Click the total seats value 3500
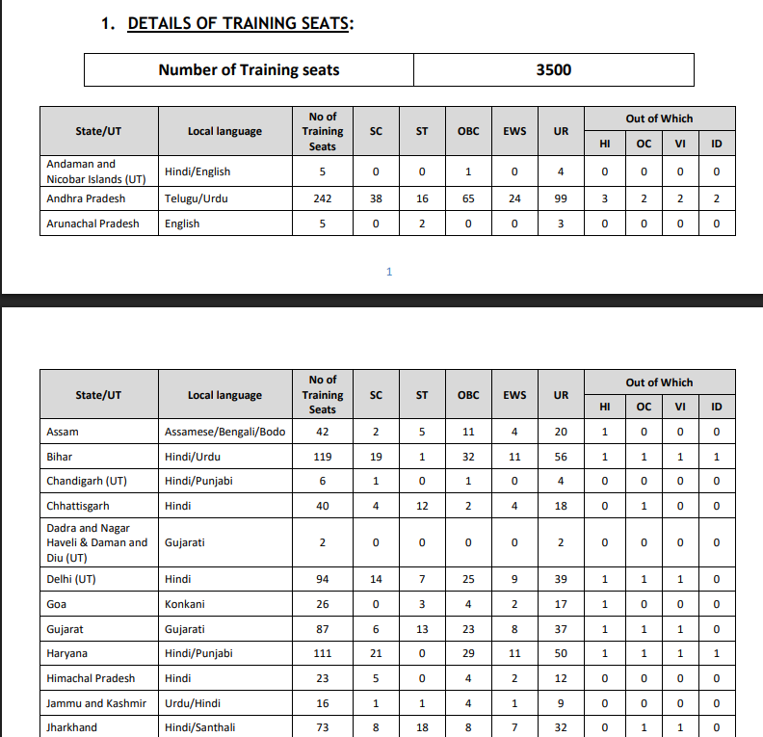pos(553,69)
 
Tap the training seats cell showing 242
pos(323,198)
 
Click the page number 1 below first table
pos(389,272)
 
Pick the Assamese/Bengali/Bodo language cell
pos(224,432)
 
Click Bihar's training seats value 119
pos(323,457)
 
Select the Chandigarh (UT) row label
pos(87,481)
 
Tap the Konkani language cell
pos(185,604)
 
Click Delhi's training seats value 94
pos(323,579)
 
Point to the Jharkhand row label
pos(71,727)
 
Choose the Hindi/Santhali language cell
pos(199,727)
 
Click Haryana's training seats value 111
pos(323,653)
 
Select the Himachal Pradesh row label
pos(91,678)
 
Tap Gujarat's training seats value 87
pos(323,629)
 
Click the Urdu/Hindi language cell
pos(193,703)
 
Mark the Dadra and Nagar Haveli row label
pos(96,542)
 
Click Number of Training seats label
pos(249,69)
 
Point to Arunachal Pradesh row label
pos(92,224)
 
